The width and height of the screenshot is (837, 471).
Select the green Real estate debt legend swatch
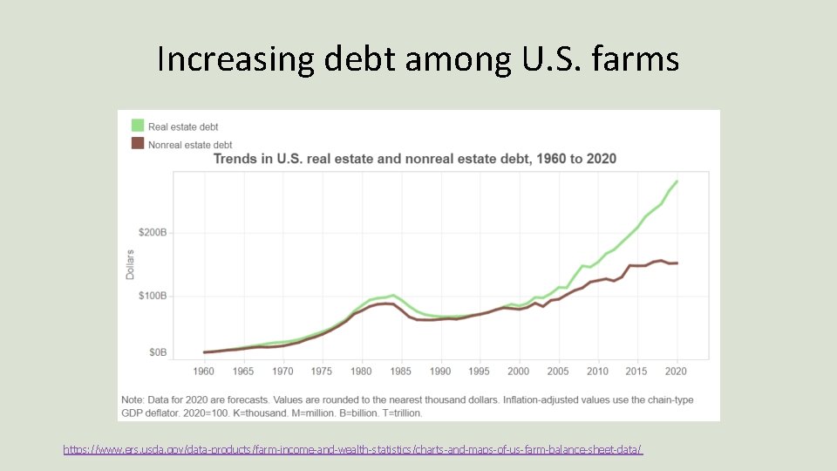click(137, 126)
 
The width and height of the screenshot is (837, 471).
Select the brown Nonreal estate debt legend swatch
click(137, 144)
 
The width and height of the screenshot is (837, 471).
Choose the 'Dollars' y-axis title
click(131, 264)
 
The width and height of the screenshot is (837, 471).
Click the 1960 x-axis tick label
click(204, 372)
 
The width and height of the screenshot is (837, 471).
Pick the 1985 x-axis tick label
click(401, 372)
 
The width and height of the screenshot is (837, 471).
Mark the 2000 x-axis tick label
click(519, 372)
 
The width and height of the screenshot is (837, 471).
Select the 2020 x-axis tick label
click(677, 372)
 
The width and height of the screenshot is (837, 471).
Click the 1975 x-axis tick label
click(322, 372)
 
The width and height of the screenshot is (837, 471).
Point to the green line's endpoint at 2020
click(677, 181)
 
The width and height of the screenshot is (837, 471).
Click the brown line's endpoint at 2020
click(677, 263)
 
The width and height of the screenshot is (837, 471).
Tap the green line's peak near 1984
click(393, 295)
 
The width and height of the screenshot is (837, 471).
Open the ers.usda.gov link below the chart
click(352, 449)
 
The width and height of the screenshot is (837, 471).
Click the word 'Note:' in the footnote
click(132, 399)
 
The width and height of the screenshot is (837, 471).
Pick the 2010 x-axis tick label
click(597, 372)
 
